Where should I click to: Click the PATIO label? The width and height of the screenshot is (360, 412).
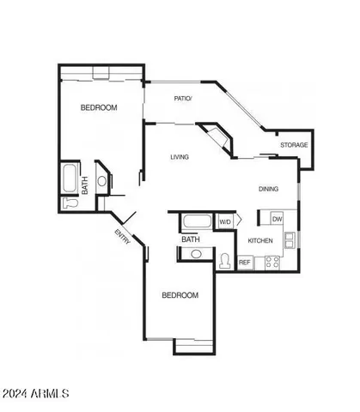pyautogui.click(x=183, y=99)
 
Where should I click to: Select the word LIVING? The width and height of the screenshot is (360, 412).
pyautogui.click(x=180, y=157)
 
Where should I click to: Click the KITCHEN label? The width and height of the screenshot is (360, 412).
pyautogui.click(x=260, y=240)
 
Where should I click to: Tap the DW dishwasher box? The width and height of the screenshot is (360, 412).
pyautogui.click(x=276, y=220)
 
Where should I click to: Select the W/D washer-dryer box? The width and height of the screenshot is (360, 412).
pyautogui.click(x=225, y=221)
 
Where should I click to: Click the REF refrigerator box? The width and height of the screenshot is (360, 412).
pyautogui.click(x=245, y=262)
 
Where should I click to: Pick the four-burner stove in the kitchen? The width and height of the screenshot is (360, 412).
pyautogui.click(x=272, y=263)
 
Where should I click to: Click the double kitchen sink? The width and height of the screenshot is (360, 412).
pyautogui.click(x=291, y=239)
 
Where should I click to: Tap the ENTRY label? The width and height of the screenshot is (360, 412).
pyautogui.click(x=123, y=237)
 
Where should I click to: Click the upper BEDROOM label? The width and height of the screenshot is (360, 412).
pyautogui.click(x=99, y=108)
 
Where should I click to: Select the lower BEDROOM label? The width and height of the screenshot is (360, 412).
pyautogui.click(x=180, y=295)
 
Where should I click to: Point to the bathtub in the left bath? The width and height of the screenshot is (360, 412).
pyautogui.click(x=70, y=179)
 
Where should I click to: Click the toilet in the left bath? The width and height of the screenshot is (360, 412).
pyautogui.click(x=71, y=203)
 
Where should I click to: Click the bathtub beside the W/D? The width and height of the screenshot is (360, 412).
pyautogui.click(x=195, y=222)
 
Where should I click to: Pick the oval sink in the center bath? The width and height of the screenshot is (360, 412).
pyautogui.click(x=196, y=253)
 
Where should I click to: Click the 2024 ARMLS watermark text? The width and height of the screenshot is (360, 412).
pyautogui.click(x=36, y=393)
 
